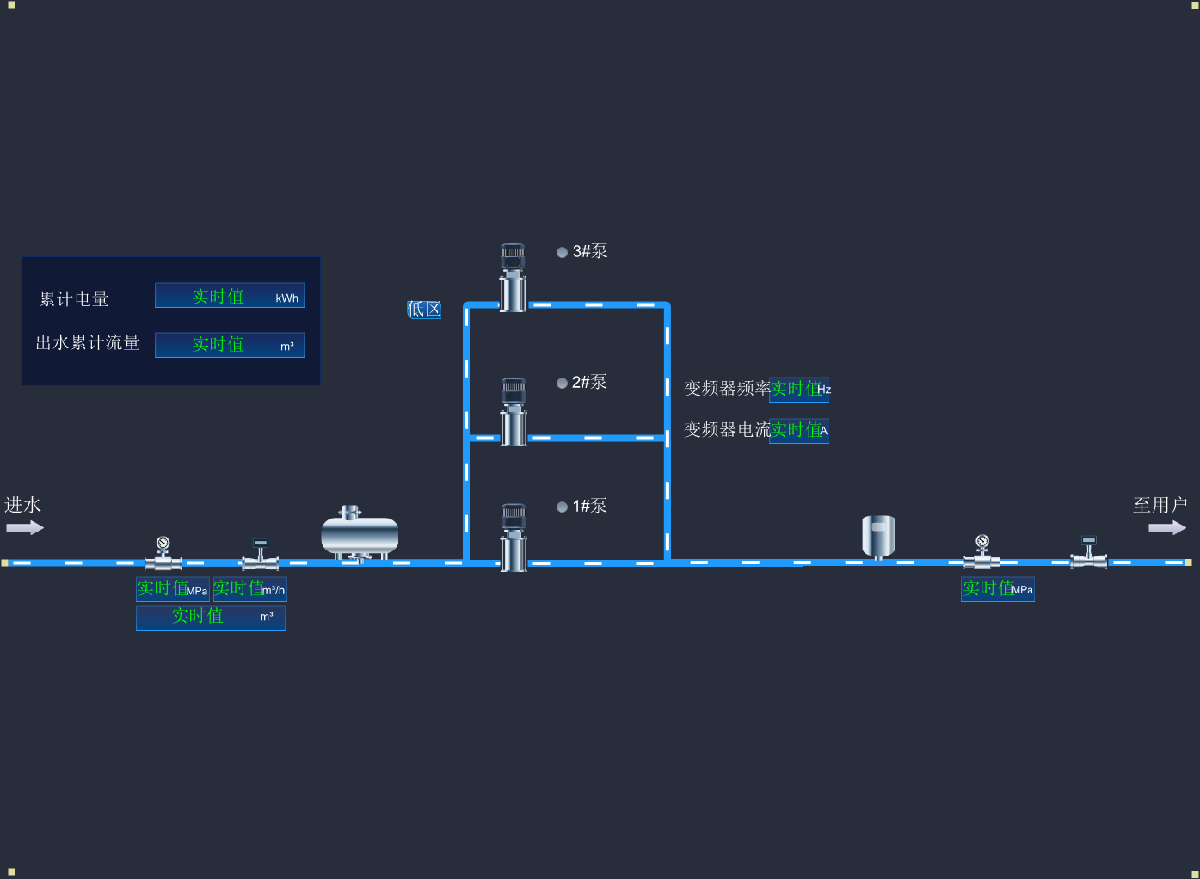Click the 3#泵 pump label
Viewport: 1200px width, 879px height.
pyautogui.click(x=590, y=251)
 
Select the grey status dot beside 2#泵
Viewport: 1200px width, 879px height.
pyautogui.click(x=562, y=383)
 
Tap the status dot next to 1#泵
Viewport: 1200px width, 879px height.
pyautogui.click(x=562, y=507)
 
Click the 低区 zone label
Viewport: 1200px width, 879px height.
pyautogui.click(x=424, y=309)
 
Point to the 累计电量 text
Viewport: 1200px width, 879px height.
pyautogui.click(x=75, y=298)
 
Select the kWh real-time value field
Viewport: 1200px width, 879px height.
pyautogui.click(x=229, y=296)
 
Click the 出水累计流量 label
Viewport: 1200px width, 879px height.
pyautogui.click(x=88, y=342)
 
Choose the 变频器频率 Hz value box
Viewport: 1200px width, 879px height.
pyautogui.click(x=799, y=389)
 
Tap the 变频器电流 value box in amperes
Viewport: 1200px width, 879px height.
pyautogui.click(x=799, y=430)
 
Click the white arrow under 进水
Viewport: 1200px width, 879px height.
pyautogui.click(x=24, y=527)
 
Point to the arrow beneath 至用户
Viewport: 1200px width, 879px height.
pyautogui.click(x=1166, y=527)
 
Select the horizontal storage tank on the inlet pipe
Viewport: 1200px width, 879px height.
pyautogui.click(x=360, y=534)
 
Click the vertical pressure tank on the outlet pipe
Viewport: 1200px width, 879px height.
pyautogui.click(x=878, y=536)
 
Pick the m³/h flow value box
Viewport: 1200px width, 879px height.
pyautogui.click(x=249, y=589)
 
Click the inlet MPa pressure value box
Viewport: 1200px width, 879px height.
pyautogui.click(x=172, y=589)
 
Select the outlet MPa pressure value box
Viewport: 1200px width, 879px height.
pyautogui.click(x=997, y=589)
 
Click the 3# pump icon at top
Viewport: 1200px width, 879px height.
pyautogui.click(x=513, y=277)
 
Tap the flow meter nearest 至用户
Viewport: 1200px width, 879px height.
pyautogui.click(x=1089, y=553)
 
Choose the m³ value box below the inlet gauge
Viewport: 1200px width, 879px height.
pyautogui.click(x=211, y=617)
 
